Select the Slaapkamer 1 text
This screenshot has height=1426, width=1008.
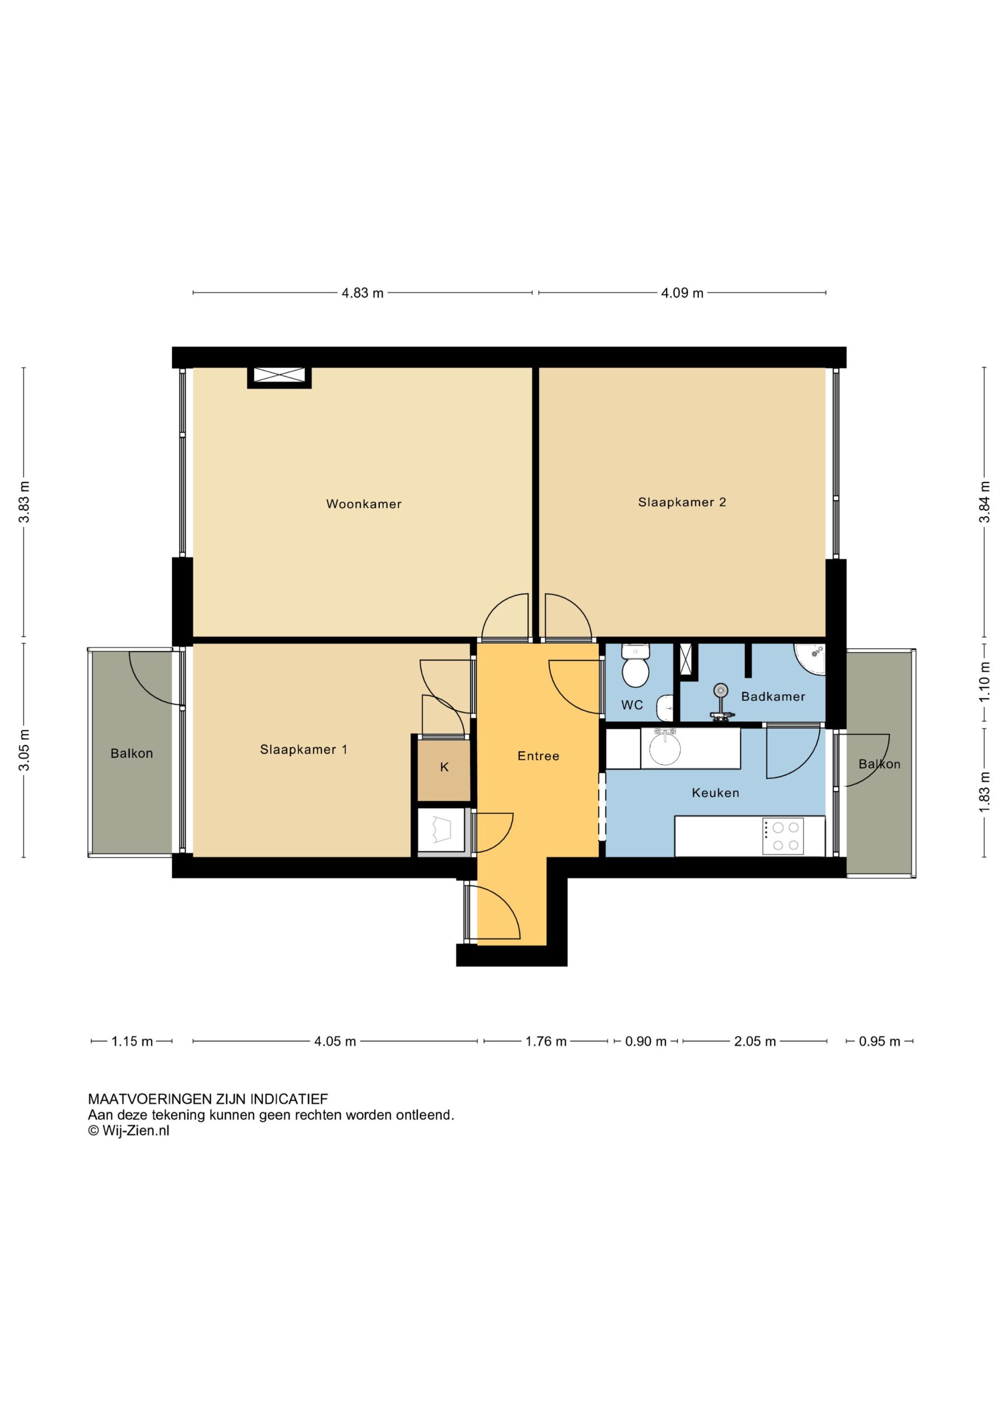click(x=303, y=749)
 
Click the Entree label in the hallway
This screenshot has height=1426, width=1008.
click(x=538, y=756)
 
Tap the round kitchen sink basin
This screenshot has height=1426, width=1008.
click(x=664, y=749)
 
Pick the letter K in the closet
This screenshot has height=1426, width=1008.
click(x=444, y=767)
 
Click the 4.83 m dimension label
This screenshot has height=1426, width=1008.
click(x=362, y=292)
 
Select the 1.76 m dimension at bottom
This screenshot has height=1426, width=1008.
click(x=545, y=1042)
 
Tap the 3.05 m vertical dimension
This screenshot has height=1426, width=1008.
click(x=23, y=750)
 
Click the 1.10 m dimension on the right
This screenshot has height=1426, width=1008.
click(x=985, y=681)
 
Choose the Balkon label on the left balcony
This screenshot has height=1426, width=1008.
click(x=131, y=753)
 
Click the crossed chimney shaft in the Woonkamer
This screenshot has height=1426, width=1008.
click(x=280, y=375)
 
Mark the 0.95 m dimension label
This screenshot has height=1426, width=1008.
click(x=879, y=1042)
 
